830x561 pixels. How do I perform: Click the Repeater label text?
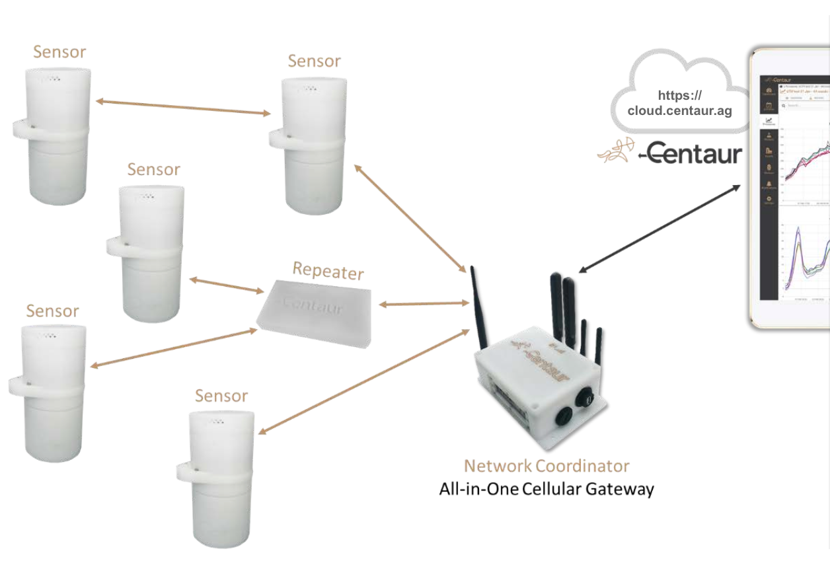click(x=328, y=271)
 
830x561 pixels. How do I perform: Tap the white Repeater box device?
click(x=315, y=312)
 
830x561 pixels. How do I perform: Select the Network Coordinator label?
click(x=547, y=465)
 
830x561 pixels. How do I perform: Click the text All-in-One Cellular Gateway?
click(x=547, y=489)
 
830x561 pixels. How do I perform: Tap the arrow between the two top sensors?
click(x=183, y=108)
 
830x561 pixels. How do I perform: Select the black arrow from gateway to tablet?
click(x=660, y=228)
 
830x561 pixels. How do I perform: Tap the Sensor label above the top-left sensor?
click(x=59, y=52)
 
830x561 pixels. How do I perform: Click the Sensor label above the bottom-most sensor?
click(x=221, y=396)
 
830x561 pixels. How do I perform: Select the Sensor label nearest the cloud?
click(x=314, y=61)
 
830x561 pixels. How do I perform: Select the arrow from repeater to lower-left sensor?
click(x=173, y=348)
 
